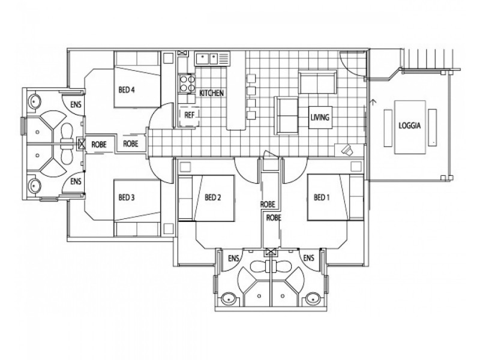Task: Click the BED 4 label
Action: [126, 91]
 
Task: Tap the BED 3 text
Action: [126, 197]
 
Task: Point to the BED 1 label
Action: [322, 197]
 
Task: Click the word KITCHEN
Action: [211, 93]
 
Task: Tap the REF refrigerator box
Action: [190, 115]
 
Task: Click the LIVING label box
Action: [320, 117]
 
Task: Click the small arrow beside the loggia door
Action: [373, 102]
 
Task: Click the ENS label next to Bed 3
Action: [76, 181]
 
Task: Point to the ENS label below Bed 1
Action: [308, 258]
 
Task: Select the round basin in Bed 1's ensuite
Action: [312, 298]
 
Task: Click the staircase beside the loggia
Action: [427, 59]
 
